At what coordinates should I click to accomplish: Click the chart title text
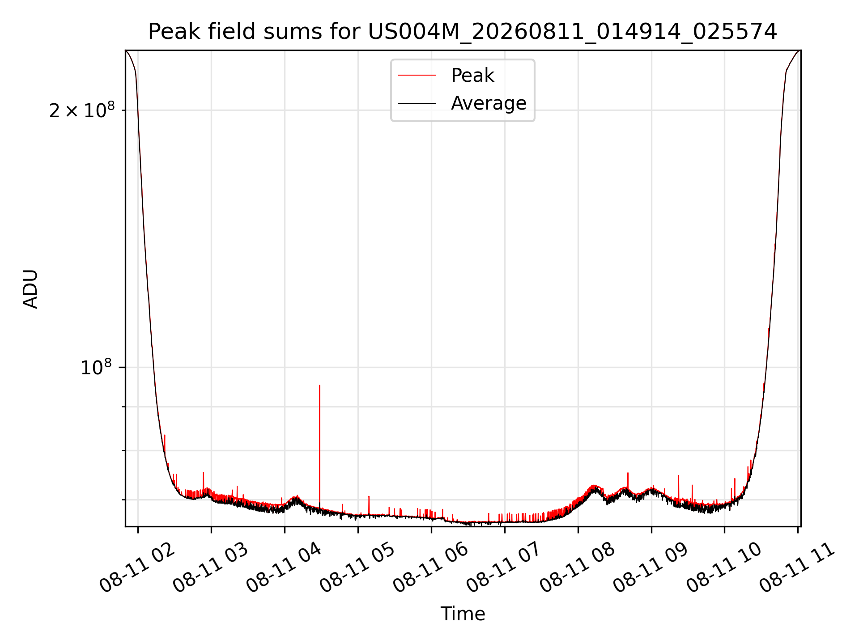tap(463, 32)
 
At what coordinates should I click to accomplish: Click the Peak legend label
tap(472, 76)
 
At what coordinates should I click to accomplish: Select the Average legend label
tap(489, 103)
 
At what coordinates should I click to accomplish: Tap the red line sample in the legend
tap(417, 76)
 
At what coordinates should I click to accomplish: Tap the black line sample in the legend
tap(417, 103)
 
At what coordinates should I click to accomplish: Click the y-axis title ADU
tap(30, 289)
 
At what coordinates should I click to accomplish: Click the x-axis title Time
tap(463, 614)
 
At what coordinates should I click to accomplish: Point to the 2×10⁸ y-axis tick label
tap(82, 110)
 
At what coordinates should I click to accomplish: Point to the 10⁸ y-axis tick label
tap(96, 368)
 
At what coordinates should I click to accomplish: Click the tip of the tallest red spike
tap(319, 385)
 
